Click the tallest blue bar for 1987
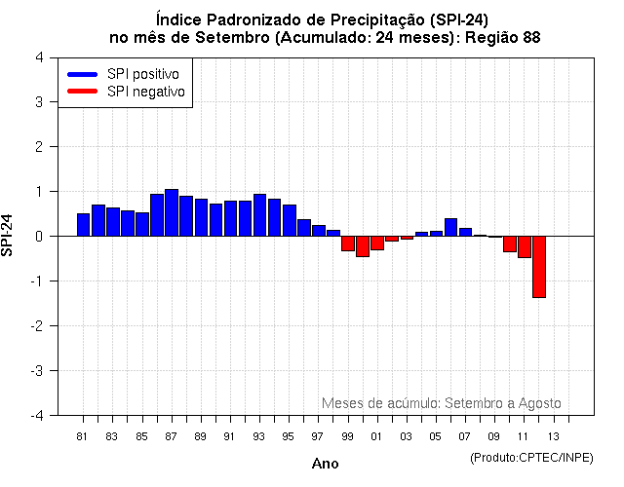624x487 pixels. pos(172,212)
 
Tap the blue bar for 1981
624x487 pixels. pos(83,224)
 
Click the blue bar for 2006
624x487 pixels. pos(450,227)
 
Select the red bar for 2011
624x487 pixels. pos(524,246)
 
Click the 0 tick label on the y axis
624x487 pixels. pos(38,236)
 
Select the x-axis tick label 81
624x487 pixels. pos(83,436)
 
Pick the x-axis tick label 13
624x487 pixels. pos(553,436)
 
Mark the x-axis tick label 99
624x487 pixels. pos(347,436)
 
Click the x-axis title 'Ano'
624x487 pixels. pos(325,464)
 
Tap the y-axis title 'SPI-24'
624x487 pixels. pos(9,236)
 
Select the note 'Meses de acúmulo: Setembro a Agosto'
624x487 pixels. pos(441,403)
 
